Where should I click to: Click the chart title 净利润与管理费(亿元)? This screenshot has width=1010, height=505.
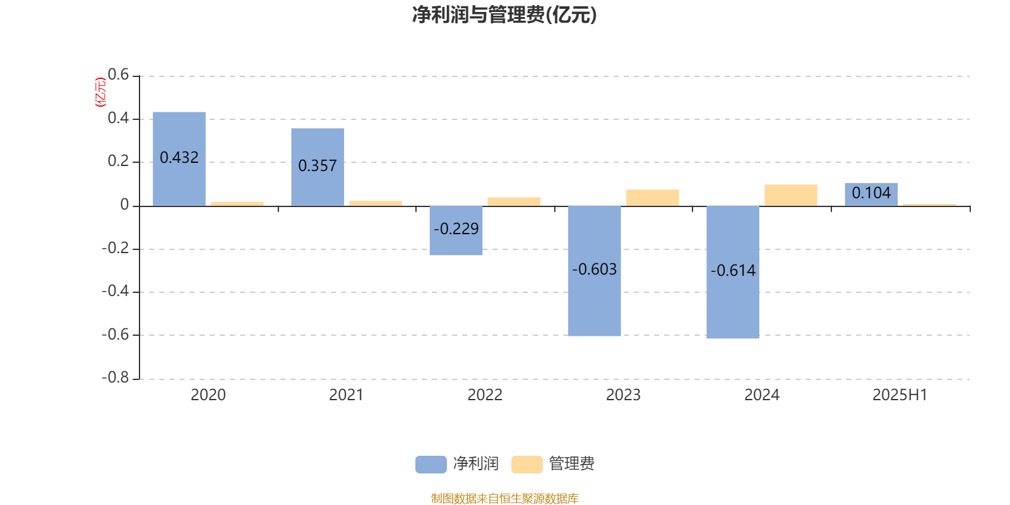pyautogui.click(x=504, y=15)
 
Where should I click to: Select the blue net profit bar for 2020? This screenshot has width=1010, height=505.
pyautogui.click(x=179, y=158)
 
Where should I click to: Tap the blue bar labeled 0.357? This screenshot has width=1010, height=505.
pyautogui.click(x=318, y=167)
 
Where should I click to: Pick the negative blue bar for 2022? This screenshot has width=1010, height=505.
pyautogui.click(x=456, y=230)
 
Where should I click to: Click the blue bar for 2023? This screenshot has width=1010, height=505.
pyautogui.click(x=594, y=271)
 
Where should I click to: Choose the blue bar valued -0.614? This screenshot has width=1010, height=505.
pyautogui.click(x=733, y=272)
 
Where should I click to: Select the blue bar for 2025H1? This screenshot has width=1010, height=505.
pyautogui.click(x=871, y=194)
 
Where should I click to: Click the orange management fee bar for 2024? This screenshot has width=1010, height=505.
pyautogui.click(x=791, y=195)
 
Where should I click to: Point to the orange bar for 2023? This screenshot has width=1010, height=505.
pyautogui.click(x=653, y=198)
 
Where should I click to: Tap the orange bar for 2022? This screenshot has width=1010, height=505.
pyautogui.click(x=514, y=201)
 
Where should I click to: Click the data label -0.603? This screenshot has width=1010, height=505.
pyautogui.click(x=594, y=270)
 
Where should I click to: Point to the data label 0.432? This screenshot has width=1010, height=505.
pyautogui.click(x=179, y=157)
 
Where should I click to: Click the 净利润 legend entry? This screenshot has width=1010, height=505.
pyautogui.click(x=457, y=464)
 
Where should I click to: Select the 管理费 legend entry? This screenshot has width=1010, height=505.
pyautogui.click(x=553, y=464)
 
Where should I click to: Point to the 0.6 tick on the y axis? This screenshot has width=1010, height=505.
pyautogui.click(x=118, y=74)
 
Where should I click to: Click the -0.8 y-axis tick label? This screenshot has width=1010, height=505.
pyautogui.click(x=116, y=377)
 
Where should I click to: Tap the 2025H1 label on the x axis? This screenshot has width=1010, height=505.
pyautogui.click(x=900, y=395)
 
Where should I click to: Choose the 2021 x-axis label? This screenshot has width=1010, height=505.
pyautogui.click(x=347, y=395)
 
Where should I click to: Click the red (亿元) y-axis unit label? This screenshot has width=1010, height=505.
pyautogui.click(x=100, y=92)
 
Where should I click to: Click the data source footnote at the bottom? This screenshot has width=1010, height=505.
pyautogui.click(x=504, y=498)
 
